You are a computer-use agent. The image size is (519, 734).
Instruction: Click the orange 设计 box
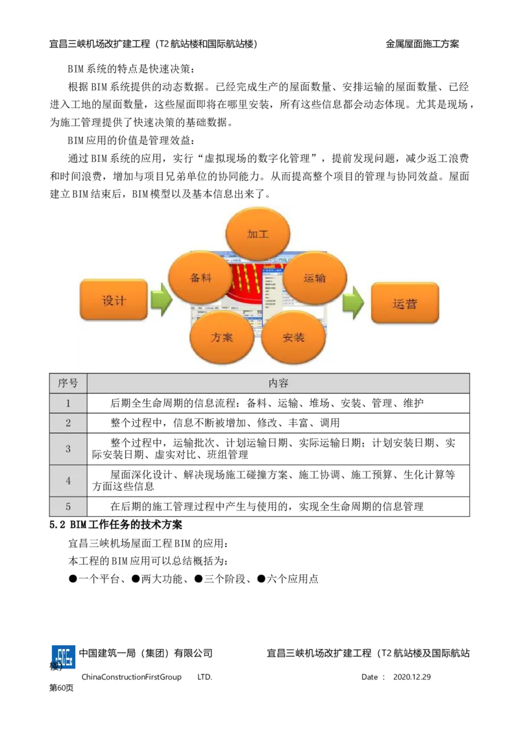pos(114,300)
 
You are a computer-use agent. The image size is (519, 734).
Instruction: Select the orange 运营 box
pos(405,303)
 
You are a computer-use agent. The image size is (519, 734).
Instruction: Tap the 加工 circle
pos(258,234)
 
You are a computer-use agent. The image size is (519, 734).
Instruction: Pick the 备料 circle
pos(200,278)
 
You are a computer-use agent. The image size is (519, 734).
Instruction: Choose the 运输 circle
pos(315,278)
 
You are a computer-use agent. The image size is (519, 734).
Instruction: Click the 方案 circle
pos(222,337)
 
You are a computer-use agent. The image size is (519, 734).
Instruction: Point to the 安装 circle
pos(293,337)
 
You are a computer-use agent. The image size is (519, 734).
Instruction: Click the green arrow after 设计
pos(161,301)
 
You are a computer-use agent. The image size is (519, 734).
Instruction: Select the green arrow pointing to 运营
pos(353,302)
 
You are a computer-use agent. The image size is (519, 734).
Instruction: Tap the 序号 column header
pos(68,383)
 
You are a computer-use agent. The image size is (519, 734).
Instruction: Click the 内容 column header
pos(278,383)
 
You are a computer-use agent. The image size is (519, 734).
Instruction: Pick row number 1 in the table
pos(68,403)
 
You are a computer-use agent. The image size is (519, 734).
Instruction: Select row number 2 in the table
pos(68,423)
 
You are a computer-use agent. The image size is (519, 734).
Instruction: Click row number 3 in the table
pos(68,449)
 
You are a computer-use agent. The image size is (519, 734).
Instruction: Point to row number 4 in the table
pos(68,481)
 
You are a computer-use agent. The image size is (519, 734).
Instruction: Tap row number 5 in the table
pos(68,507)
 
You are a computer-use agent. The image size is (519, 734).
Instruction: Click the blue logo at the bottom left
pos(64,656)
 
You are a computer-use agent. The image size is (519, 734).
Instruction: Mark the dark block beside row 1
pos(99,403)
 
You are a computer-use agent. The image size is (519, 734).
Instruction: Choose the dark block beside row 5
pos(99,506)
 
